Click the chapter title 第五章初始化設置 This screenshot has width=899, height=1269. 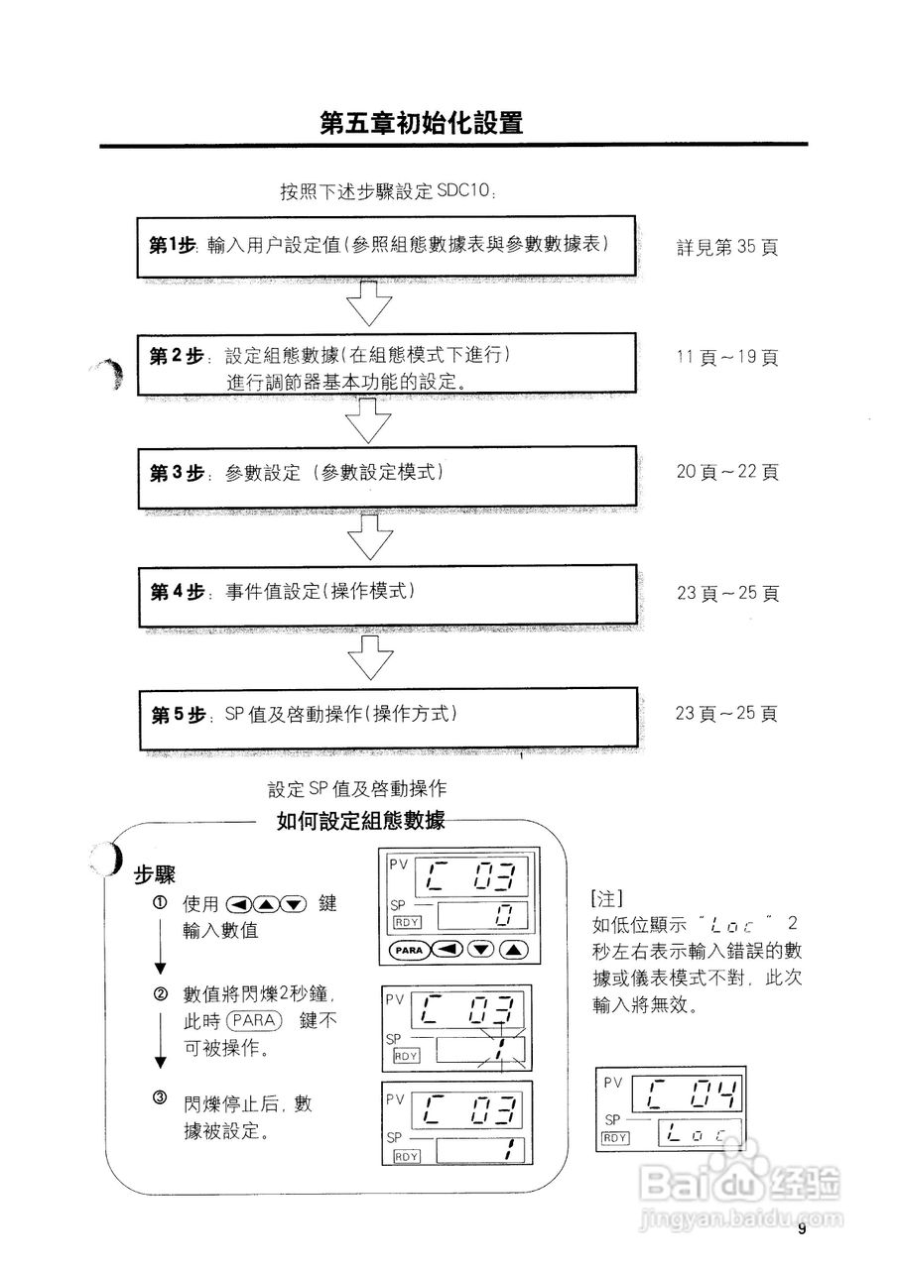pos(422,123)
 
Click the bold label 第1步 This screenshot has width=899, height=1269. pos(174,245)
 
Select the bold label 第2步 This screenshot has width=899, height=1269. pos(176,356)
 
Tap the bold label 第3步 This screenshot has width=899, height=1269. pos(176,473)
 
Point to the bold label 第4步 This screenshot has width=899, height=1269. pos(177,592)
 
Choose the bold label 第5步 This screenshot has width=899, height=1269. pos(177,714)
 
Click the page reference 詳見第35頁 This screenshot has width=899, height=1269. pos(727,247)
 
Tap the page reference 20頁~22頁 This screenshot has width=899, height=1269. pos(727,472)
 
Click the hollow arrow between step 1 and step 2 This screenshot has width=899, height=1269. pos(370,302)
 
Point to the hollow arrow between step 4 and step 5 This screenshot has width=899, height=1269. pos(370,657)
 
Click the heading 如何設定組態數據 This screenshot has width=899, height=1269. pos(361,820)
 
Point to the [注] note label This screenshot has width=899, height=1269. pos(606,899)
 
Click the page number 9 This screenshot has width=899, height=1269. pos(801,1230)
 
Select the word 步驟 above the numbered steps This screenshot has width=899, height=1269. pos(155,874)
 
